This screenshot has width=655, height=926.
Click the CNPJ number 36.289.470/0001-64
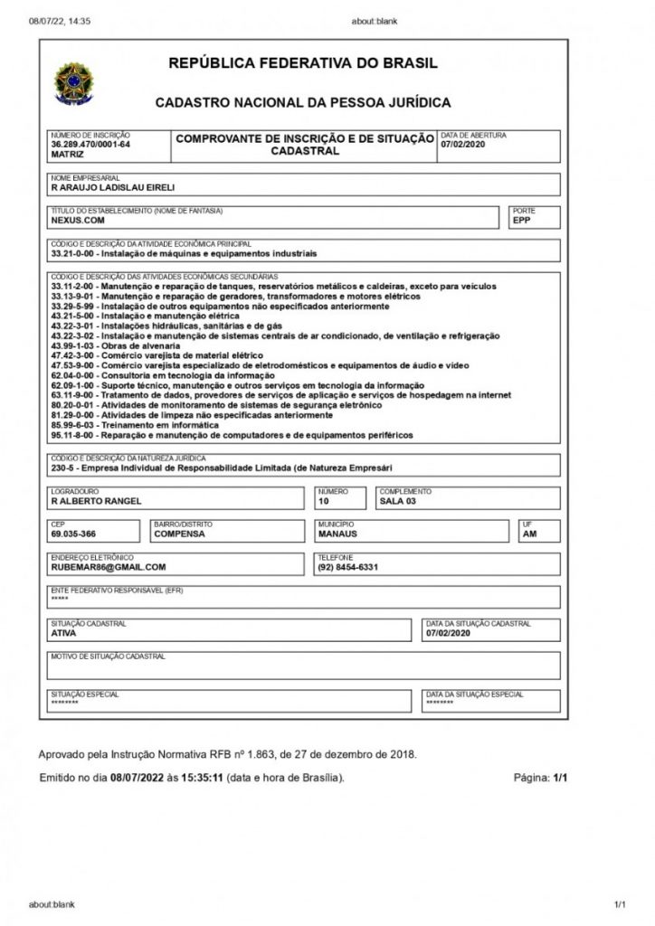point(90,145)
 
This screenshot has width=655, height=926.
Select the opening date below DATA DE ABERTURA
point(464,145)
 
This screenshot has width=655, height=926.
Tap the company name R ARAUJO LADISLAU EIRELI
point(112,188)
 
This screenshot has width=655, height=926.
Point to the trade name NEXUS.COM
point(78,220)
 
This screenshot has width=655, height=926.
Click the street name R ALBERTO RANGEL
point(97,502)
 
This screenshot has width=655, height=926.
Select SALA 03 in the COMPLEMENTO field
point(398,502)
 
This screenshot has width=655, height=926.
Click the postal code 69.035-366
point(74,534)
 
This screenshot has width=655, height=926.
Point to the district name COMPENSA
point(180,534)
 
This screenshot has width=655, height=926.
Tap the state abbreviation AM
point(529,534)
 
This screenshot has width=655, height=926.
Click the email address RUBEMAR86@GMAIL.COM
point(109,568)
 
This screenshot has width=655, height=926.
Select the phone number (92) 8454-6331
point(347,568)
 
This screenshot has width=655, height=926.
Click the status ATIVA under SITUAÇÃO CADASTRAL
point(64,633)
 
